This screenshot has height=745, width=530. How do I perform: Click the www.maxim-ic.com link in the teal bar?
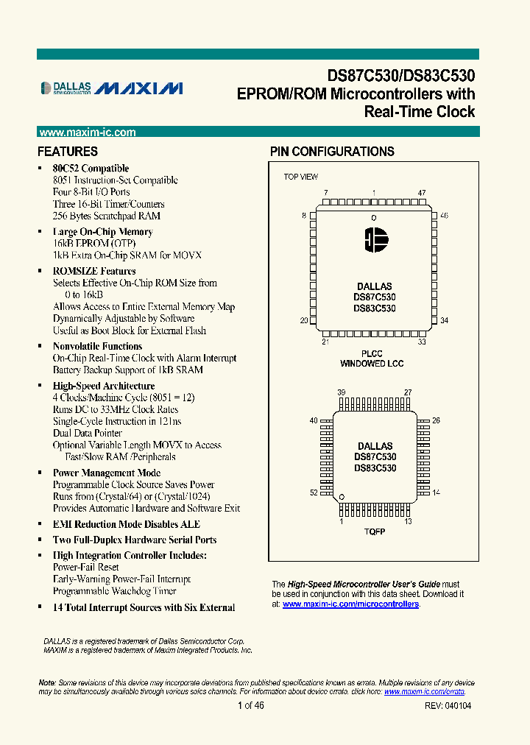[87, 133]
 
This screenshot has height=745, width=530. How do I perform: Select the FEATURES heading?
[68, 152]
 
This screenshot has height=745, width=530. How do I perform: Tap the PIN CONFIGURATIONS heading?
[332, 152]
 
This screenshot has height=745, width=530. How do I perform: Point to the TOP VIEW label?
[301, 177]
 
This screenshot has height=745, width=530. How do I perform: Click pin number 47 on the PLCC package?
[422, 193]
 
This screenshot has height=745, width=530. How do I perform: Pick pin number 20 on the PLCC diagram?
[303, 320]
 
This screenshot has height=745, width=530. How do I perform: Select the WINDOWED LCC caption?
[372, 364]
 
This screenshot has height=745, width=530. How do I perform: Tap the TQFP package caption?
[375, 531]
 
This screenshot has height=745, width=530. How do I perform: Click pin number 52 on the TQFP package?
[314, 492]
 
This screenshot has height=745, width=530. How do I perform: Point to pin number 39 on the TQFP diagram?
[342, 393]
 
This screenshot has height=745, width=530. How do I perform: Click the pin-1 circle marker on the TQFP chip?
[342, 498]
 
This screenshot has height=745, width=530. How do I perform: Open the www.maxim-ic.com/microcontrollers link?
[350, 604]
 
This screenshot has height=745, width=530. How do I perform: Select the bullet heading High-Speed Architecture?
[104, 386]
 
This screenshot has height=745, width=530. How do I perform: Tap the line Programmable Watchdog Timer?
[114, 591]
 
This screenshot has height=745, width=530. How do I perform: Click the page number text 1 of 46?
[251, 705]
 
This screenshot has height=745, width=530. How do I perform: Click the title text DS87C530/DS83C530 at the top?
[401, 76]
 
